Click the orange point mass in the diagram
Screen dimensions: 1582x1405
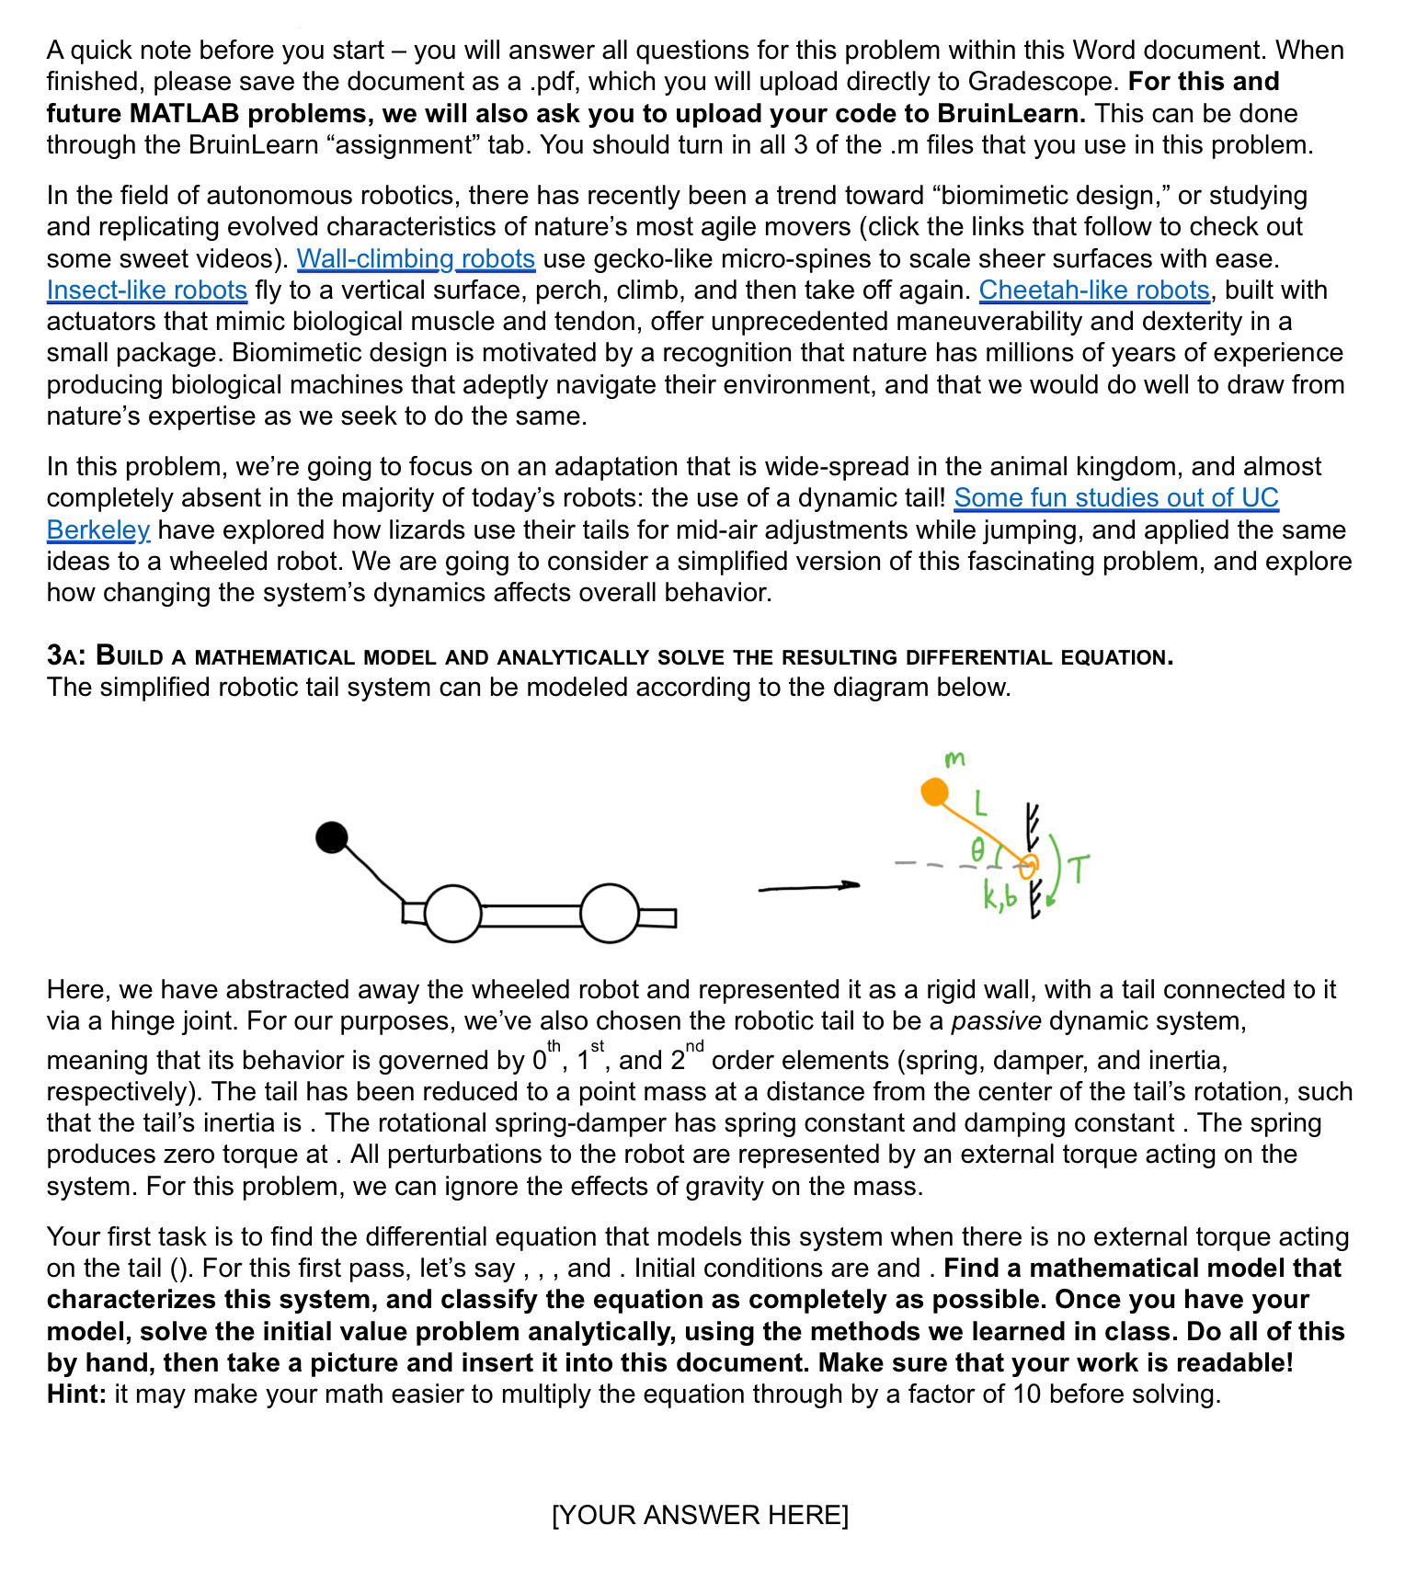pos(934,791)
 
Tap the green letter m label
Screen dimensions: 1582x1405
pos(954,759)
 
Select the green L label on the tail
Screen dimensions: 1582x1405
pos(981,804)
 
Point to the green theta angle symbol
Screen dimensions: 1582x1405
pos(978,849)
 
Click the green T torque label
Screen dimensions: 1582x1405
pos(1079,869)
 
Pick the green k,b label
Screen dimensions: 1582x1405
pos(999,896)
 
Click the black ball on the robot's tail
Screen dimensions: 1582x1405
pos(332,837)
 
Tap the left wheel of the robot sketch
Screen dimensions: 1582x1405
pos(452,914)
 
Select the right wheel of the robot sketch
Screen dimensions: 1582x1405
pos(610,914)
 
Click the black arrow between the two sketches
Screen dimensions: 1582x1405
pos(808,887)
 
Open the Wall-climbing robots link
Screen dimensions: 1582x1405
pos(416,259)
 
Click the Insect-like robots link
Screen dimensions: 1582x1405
pos(147,290)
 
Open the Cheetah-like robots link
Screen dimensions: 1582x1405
pos(1094,290)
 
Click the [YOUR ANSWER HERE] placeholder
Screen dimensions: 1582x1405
pos(701,1515)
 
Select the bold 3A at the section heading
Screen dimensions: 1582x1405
pos(65,655)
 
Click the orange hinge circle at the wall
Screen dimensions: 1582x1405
pos(1029,865)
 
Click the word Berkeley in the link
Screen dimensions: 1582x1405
pos(98,530)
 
